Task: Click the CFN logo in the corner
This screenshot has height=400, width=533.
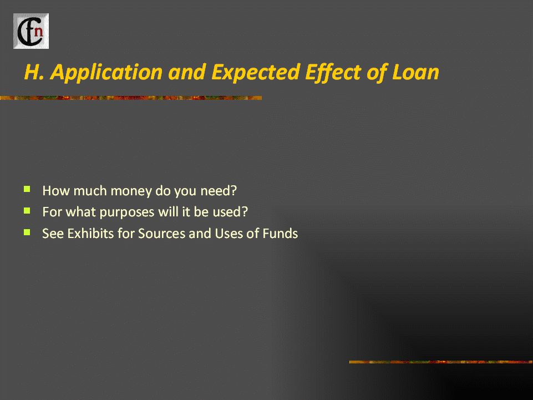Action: (x=31, y=31)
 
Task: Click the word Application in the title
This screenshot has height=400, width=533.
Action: (x=106, y=73)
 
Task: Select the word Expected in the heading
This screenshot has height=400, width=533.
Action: (x=255, y=73)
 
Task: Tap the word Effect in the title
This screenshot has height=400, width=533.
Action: (x=332, y=73)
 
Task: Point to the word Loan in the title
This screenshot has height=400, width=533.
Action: (x=415, y=72)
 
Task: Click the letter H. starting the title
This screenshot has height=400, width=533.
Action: (x=34, y=72)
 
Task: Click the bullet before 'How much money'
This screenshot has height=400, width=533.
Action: (x=27, y=189)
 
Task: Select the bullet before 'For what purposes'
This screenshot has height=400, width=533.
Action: (x=27, y=211)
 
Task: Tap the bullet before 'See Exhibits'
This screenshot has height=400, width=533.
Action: (x=27, y=232)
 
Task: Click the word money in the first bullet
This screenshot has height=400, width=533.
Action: (x=131, y=191)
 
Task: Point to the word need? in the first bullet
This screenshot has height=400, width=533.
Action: (x=219, y=190)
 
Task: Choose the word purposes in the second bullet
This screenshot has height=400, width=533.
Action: (x=127, y=212)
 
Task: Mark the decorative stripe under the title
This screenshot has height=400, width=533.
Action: (x=131, y=98)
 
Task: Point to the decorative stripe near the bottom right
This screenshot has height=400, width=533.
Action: (x=441, y=362)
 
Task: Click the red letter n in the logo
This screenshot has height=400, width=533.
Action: (x=39, y=31)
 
